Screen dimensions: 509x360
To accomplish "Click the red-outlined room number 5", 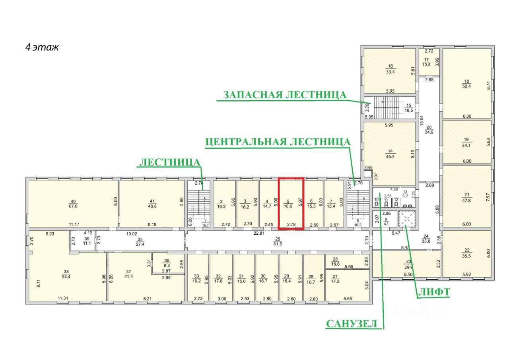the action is tap(291, 204).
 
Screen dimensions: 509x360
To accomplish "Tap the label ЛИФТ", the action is tap(434, 292).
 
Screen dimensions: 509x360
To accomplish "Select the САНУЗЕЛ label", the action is tap(352, 323).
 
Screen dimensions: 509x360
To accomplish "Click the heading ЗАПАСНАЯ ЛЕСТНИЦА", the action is tap(285, 95).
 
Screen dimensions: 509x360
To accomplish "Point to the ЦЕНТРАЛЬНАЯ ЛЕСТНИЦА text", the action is tap(278, 142).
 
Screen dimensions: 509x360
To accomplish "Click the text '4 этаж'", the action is tap(42, 47).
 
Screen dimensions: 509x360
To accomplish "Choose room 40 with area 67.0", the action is tap(73, 203).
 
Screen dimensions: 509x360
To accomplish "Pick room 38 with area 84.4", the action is tap(66, 274).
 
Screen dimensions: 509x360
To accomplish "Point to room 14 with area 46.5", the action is tap(390, 154).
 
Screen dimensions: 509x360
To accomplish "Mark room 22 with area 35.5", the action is tap(466, 254).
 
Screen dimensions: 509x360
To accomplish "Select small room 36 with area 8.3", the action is tap(167, 263).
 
